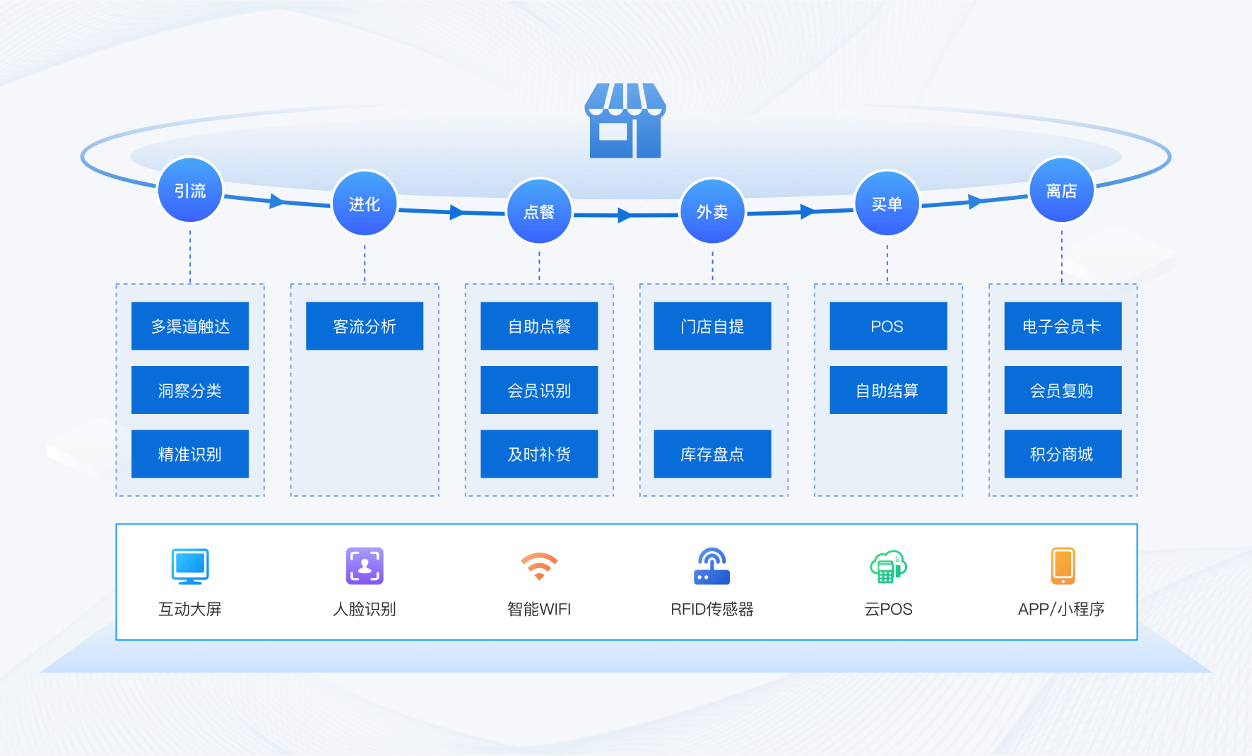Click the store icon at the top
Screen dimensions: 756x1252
(625, 121)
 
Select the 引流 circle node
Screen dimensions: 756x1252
(190, 191)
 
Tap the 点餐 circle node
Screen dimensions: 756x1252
(539, 211)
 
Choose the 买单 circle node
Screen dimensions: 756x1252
(887, 204)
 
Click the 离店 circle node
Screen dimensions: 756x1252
(1061, 191)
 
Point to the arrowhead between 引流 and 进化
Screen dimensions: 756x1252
(276, 201)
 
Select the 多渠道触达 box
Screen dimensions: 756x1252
(190, 326)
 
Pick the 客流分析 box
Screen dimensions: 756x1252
(365, 326)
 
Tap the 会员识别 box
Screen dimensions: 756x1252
(539, 390)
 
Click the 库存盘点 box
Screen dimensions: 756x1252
(712, 454)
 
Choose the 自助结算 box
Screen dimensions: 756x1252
(888, 390)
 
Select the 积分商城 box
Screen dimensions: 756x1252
(1063, 454)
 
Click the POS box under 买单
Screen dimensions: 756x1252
(888, 326)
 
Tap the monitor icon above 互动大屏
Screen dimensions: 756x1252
(190, 566)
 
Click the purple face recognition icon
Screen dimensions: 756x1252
(365, 566)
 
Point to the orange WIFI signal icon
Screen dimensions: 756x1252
(539, 566)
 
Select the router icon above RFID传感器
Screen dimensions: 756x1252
(711, 566)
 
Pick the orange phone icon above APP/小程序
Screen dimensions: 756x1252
(1063, 566)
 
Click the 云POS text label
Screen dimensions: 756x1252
(888, 609)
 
